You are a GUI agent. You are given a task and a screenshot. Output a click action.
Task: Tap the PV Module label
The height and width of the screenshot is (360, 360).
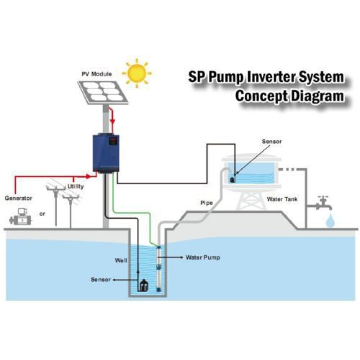click(x=96, y=73)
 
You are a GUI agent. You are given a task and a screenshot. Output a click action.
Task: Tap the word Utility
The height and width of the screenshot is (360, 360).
click(x=76, y=186)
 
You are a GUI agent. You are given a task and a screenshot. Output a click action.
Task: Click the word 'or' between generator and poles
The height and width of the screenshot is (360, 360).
click(x=42, y=214)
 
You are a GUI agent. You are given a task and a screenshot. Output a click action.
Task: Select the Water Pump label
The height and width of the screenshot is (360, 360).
click(x=203, y=258)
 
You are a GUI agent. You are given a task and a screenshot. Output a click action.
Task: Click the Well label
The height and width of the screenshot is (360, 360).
click(x=121, y=260)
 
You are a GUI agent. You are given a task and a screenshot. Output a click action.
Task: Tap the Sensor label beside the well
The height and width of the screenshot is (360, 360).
click(x=100, y=279)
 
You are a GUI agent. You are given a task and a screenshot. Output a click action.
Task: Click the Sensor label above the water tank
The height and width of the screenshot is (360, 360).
click(x=272, y=141)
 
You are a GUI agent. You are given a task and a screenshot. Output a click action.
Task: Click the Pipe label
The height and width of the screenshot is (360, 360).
click(x=206, y=203)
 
